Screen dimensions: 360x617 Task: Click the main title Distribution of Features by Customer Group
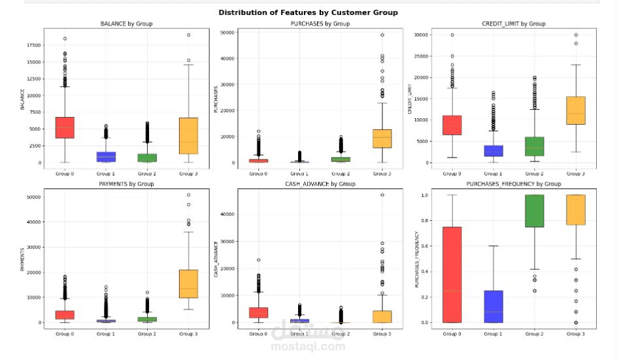(308, 12)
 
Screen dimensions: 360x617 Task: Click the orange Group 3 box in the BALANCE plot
(188, 136)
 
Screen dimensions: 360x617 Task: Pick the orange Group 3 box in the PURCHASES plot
(382, 139)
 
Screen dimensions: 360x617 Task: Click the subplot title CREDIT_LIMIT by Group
(513, 24)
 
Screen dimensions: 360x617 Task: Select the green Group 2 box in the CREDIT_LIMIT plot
(534, 146)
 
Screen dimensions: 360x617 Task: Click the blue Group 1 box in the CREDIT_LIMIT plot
(493, 151)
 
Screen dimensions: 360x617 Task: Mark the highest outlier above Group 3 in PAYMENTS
(188, 195)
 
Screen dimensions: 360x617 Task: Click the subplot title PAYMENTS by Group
(127, 184)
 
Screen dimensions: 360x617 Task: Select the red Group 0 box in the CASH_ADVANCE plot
(259, 312)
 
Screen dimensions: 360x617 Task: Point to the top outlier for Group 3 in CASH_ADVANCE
(382, 195)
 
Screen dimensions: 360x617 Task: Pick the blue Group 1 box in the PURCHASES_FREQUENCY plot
(493, 306)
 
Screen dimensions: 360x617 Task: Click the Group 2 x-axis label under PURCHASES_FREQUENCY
(534, 334)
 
